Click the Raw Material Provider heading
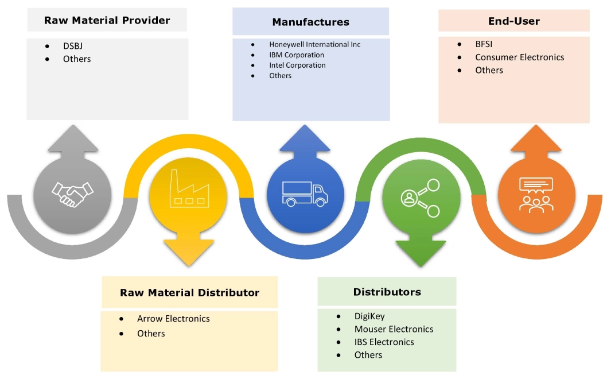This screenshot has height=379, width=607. tap(107, 21)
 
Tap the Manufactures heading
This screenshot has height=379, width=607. tap(310, 22)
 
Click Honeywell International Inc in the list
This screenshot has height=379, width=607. tap(314, 44)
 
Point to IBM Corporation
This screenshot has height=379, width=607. tap(297, 55)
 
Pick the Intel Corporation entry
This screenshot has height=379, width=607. tap(297, 65)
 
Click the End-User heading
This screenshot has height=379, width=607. tap(513, 21)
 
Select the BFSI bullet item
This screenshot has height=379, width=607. tap(485, 44)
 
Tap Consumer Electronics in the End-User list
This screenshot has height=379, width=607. tap(519, 57)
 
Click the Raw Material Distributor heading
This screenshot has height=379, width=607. tap(189, 293)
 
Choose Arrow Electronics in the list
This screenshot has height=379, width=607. tap(173, 319)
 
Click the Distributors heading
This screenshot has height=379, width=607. tap(387, 292)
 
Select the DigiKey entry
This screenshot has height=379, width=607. tap(369, 316)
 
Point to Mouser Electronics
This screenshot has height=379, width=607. tap(394, 329)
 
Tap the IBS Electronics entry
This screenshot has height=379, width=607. tap(384, 342)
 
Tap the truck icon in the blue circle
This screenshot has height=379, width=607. tap(306, 194)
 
